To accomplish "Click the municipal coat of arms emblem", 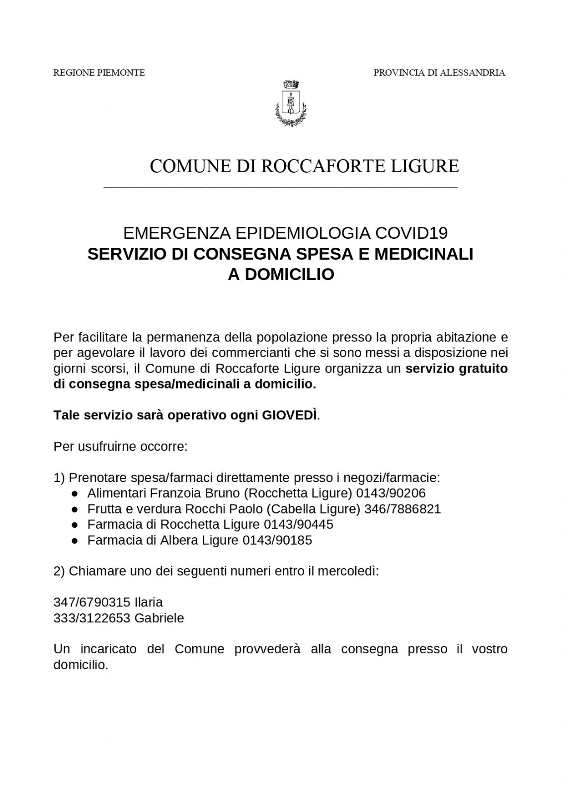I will pos(291,103).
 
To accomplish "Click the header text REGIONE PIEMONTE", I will pos(99,73).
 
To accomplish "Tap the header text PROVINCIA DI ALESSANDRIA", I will pos(439,73).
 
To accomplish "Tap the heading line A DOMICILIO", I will pos(281,275).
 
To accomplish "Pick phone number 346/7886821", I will pos(402,509).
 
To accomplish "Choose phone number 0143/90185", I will pos(277,540).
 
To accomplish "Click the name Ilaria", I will pos(149,602).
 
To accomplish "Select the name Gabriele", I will pos(159,618).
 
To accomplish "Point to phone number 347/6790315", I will pos(92,602).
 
